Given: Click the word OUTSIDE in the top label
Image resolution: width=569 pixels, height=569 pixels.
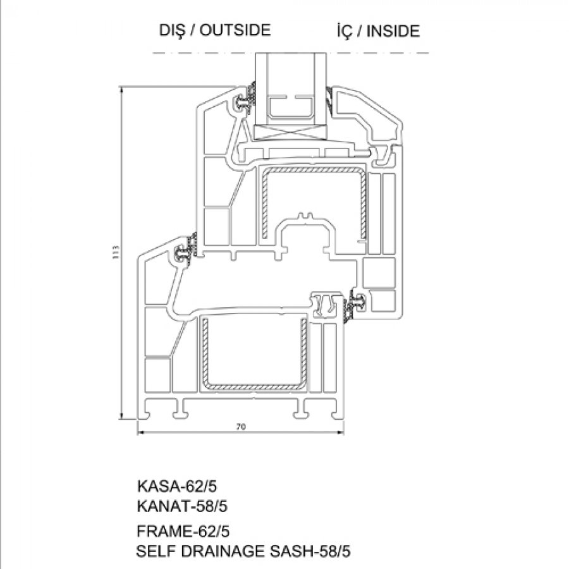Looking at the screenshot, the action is [x=235, y=30].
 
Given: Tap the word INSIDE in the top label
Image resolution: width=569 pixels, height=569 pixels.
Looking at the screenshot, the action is [x=393, y=31].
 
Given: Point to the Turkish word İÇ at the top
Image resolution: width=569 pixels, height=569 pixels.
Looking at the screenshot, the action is [x=345, y=31].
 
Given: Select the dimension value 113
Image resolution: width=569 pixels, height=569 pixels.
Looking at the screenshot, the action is [x=116, y=252].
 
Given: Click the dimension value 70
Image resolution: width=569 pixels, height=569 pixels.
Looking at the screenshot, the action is [x=241, y=427].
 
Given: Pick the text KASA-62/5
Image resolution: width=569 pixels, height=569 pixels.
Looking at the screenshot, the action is [x=177, y=486].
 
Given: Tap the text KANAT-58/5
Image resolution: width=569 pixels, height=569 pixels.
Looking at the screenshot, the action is [x=182, y=506].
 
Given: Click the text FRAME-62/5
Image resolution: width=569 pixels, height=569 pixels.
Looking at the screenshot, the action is [x=183, y=531].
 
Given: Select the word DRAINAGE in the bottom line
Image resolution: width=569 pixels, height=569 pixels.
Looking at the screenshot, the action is [x=223, y=551].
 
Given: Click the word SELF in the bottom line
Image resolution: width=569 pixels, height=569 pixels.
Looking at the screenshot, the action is [x=156, y=551].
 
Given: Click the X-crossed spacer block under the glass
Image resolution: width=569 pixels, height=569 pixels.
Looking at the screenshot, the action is [x=291, y=133].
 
